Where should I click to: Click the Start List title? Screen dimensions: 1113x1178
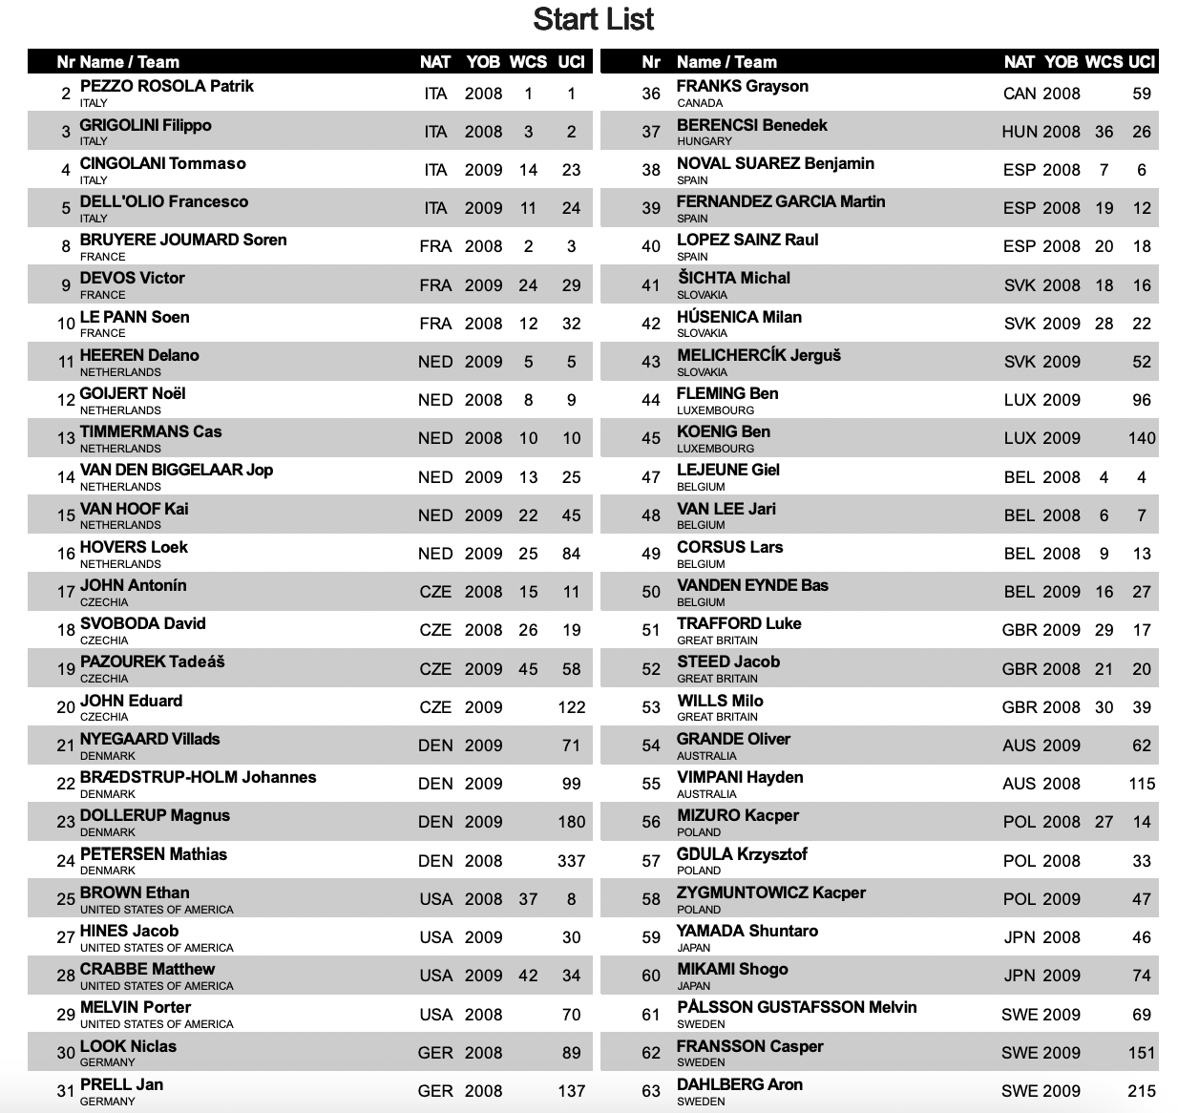[x=593, y=19]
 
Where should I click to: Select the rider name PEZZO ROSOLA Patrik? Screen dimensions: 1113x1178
[x=166, y=86]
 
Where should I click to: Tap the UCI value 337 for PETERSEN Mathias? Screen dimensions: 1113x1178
[x=571, y=861]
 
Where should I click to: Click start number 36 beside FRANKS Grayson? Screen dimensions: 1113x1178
[x=651, y=94]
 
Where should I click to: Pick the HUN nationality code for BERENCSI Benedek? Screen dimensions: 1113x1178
[x=1019, y=132]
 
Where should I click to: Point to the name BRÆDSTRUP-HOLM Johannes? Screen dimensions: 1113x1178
[x=198, y=777]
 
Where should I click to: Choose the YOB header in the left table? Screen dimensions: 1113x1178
[x=483, y=62]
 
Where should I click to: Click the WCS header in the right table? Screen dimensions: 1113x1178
[x=1104, y=62]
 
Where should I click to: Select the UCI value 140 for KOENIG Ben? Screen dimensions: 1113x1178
[x=1141, y=439]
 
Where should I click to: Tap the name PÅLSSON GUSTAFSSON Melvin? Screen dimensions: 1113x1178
[x=796, y=1007]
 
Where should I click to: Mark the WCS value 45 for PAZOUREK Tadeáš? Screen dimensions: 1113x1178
[x=528, y=669]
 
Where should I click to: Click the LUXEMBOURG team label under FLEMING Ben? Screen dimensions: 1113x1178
[x=715, y=410]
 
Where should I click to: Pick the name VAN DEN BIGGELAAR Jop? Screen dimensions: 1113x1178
[x=176, y=470]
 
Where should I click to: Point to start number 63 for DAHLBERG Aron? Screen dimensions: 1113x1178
[x=651, y=1091]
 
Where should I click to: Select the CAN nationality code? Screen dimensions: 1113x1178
[x=1019, y=94]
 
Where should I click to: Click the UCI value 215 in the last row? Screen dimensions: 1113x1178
[x=1141, y=1091]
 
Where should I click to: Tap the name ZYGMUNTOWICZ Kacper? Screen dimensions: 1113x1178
[x=770, y=892]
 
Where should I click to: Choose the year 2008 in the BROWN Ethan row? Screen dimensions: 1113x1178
[x=483, y=899]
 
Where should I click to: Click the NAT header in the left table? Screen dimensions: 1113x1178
[x=434, y=62]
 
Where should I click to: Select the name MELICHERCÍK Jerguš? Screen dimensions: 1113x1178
[x=758, y=355]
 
